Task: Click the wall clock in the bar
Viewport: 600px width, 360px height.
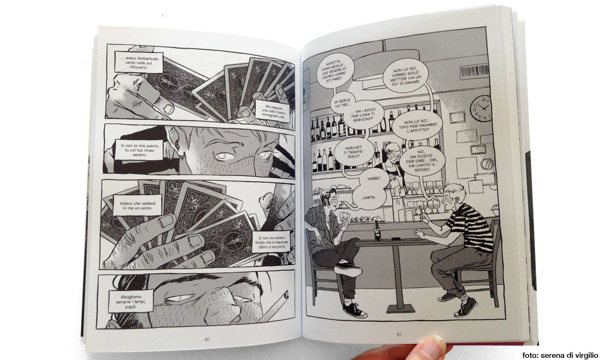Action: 481,108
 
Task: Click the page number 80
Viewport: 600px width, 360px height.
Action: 207,339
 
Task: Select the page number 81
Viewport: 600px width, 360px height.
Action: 399,334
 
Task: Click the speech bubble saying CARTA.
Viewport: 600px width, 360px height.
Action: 369,197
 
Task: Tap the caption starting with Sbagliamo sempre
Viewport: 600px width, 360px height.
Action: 131,301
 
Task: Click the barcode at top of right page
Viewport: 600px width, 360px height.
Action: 474,71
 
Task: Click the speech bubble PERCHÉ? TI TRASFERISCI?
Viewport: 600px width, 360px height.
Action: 353,152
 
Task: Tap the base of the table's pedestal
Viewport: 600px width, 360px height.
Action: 401,308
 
